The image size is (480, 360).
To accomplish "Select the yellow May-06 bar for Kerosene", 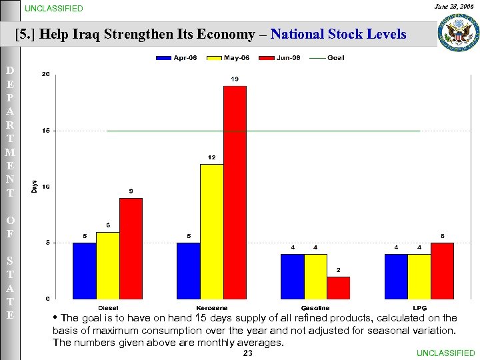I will point(211,231).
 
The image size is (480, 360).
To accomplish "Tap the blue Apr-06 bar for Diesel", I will point(84,270).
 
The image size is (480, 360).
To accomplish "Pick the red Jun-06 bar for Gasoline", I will point(338,287).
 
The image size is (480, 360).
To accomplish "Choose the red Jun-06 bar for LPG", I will point(442,270).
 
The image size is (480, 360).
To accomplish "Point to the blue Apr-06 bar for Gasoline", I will point(292,275).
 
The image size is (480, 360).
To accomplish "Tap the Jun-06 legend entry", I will point(279,58).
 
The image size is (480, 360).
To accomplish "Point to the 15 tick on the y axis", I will point(45,131).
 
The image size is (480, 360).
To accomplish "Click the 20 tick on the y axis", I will point(45,74).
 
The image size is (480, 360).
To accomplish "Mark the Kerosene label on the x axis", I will point(211,308).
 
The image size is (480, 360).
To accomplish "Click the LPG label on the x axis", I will point(419,308).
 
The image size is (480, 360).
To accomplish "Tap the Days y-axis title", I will point(34,187).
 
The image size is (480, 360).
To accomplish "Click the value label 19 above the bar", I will point(235,79).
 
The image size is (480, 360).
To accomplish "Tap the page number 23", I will point(248,353).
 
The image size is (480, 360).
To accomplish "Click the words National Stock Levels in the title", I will point(338,34).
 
